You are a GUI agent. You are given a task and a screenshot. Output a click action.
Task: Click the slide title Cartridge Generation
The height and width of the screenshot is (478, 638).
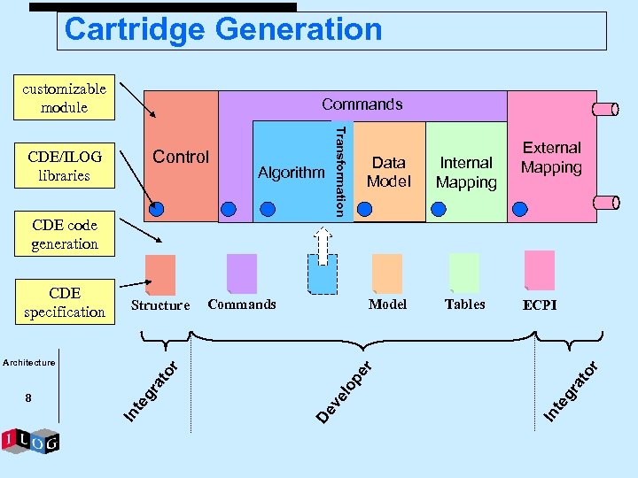(x=223, y=30)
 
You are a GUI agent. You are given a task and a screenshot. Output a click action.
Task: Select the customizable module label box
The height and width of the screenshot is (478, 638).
(x=64, y=98)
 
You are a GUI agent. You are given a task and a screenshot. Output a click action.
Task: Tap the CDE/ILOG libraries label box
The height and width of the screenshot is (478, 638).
(x=64, y=166)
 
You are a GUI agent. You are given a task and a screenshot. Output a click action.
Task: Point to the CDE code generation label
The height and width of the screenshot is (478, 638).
(x=64, y=235)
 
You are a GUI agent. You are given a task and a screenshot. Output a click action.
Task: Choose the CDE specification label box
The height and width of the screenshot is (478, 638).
(x=64, y=302)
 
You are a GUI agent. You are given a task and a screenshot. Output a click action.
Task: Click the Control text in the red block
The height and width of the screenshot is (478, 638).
(x=181, y=157)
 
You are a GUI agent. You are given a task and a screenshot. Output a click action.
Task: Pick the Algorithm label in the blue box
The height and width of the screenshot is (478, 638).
(x=291, y=173)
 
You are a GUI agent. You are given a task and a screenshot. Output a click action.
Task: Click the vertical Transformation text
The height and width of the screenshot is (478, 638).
(x=338, y=169)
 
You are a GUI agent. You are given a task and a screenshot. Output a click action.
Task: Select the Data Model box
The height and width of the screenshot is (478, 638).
(x=388, y=172)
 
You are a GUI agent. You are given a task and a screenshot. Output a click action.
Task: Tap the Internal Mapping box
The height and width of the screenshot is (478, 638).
(x=466, y=172)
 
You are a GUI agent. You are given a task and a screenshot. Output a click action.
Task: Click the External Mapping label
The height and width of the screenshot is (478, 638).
(x=551, y=158)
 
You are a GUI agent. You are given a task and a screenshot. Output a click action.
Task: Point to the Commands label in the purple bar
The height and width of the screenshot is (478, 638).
(x=362, y=104)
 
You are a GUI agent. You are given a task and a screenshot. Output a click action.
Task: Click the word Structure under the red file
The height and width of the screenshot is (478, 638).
(x=160, y=305)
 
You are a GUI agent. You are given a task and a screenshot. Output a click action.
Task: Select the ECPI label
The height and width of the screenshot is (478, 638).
(x=540, y=305)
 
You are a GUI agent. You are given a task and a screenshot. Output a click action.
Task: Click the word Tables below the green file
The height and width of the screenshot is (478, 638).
(x=465, y=304)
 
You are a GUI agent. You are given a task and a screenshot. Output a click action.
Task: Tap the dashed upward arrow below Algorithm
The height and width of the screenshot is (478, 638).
(x=324, y=246)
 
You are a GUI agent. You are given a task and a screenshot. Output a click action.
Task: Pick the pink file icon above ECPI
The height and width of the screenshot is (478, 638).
(x=540, y=270)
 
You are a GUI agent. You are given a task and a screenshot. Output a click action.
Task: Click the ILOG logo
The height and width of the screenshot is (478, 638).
(x=31, y=440)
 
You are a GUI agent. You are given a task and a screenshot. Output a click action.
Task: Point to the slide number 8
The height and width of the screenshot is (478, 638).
(x=28, y=398)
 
